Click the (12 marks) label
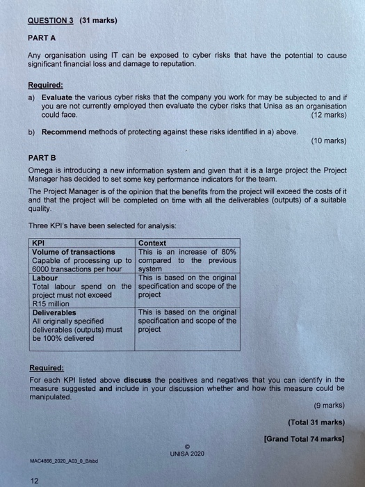[329, 115]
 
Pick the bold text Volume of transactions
[74, 252]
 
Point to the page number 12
[34, 479]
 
